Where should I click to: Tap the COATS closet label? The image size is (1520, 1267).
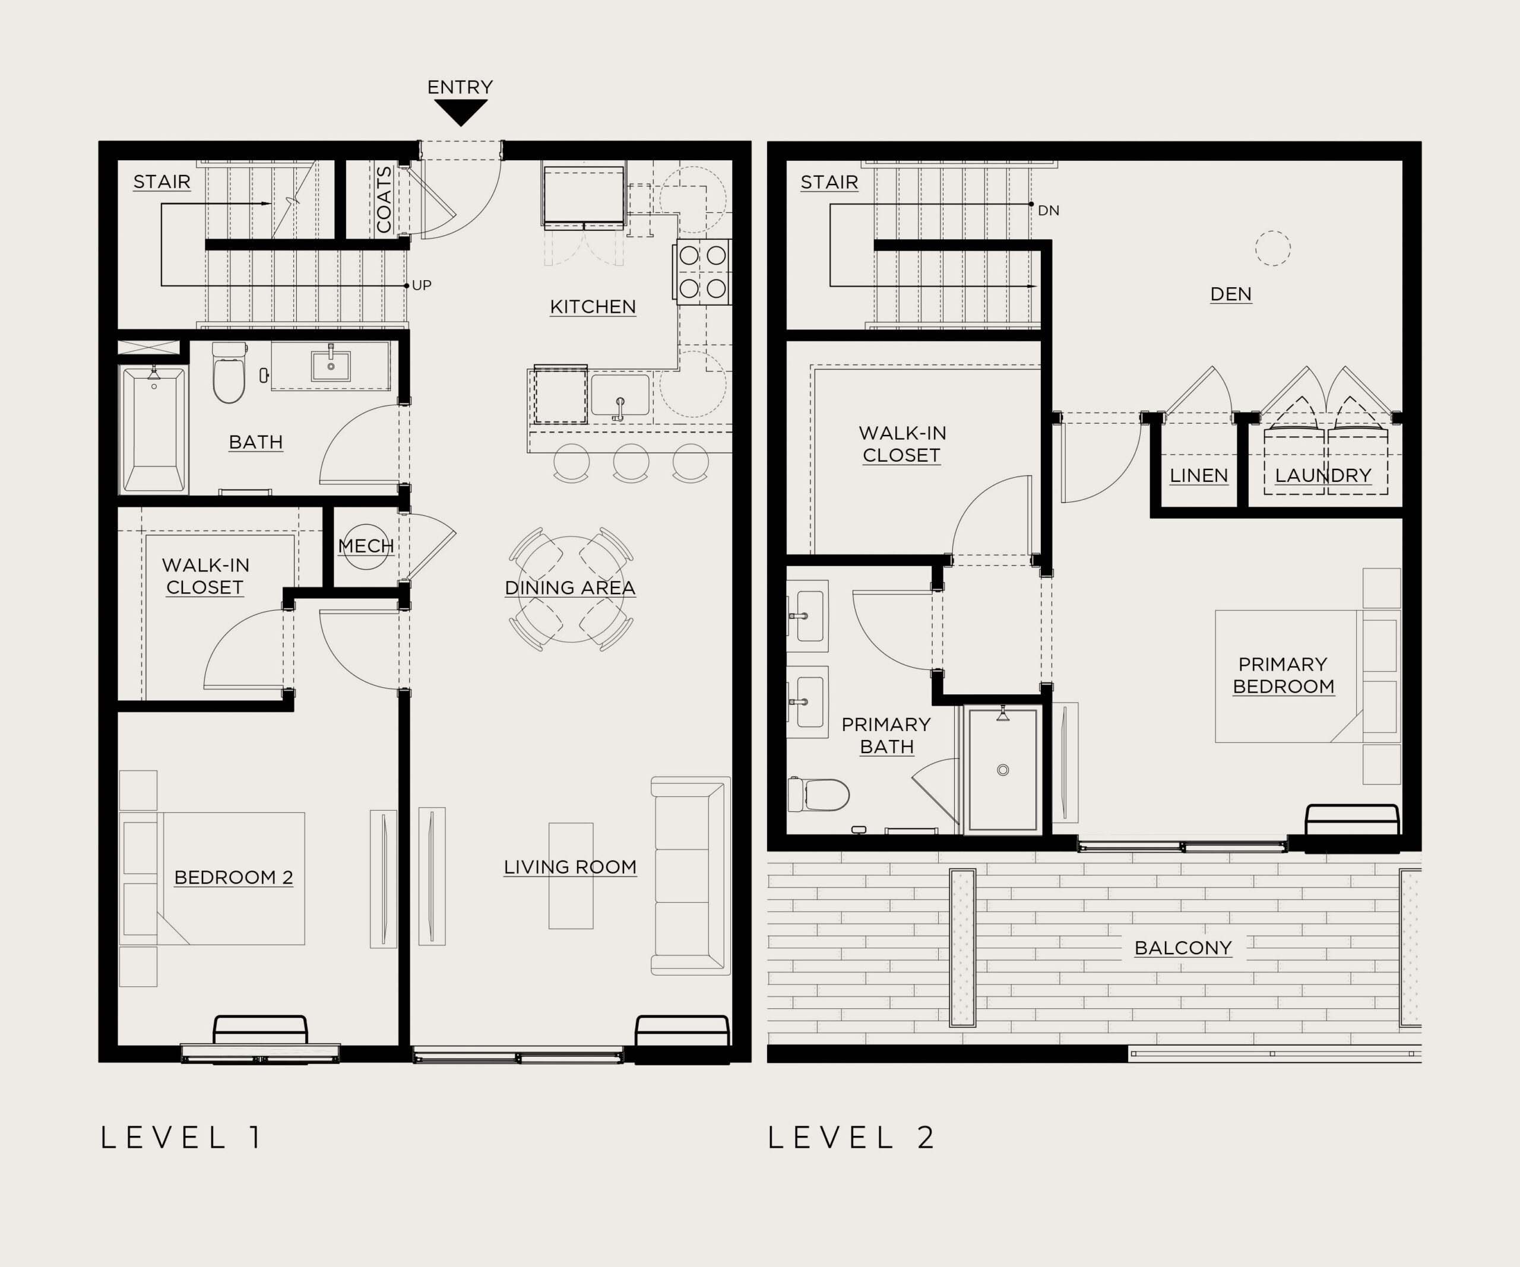[384, 200]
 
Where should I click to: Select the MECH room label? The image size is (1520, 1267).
[366, 545]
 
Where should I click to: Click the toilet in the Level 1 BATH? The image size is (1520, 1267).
[229, 373]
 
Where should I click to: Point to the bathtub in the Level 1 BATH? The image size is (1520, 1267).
[153, 430]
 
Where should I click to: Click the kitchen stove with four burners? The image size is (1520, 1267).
[703, 271]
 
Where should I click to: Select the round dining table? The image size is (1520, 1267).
[571, 589]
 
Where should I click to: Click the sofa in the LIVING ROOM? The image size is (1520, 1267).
[691, 875]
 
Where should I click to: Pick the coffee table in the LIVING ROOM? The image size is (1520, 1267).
[571, 875]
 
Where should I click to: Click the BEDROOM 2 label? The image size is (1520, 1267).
[234, 878]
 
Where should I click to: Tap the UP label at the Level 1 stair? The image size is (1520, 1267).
[422, 285]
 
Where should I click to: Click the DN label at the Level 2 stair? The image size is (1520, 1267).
[1049, 211]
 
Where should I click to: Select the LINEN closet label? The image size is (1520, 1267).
[1199, 475]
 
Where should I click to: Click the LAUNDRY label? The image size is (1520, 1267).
[1323, 475]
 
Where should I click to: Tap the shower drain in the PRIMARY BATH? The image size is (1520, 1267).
[1003, 770]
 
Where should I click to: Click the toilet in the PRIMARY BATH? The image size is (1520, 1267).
[819, 795]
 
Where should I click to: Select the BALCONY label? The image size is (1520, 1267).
[1183, 948]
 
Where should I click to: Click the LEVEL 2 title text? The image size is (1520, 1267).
[851, 1138]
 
